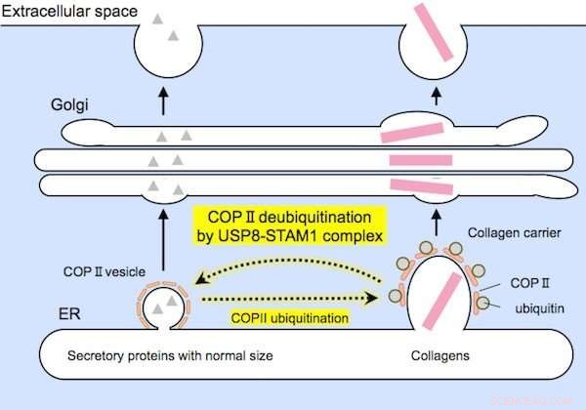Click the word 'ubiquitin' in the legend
pos(535,307)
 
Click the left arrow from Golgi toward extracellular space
pos(161,99)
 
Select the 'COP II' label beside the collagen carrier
pos(527,282)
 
